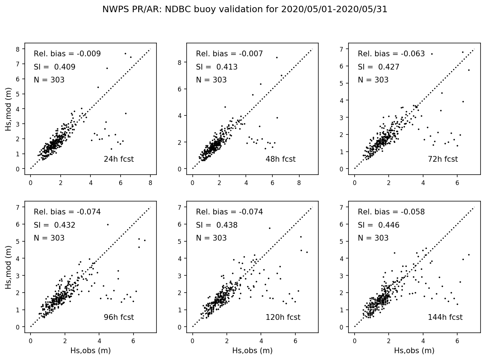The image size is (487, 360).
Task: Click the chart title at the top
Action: point(245,9)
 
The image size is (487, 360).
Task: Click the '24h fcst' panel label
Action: point(118,159)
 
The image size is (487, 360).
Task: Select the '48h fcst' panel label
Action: point(280,159)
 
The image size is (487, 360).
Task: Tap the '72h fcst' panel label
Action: point(442,159)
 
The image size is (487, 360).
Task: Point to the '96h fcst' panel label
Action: point(118,317)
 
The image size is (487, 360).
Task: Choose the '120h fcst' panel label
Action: point(283,317)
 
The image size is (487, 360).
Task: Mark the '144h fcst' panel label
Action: point(445,317)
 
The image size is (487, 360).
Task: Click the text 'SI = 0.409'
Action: point(55,67)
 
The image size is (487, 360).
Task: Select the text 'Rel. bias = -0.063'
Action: point(391,54)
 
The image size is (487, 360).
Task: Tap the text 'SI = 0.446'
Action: point(379,225)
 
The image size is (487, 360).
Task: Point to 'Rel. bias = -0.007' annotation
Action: point(229,54)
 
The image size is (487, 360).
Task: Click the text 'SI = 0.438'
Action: point(217,225)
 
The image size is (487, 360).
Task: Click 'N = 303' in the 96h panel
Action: point(49,238)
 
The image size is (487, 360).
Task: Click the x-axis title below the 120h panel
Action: point(252,351)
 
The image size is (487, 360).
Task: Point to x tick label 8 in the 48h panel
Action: point(299,183)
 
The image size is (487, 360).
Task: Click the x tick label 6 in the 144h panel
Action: point(457,341)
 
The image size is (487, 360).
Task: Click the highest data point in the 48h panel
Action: point(277,57)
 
